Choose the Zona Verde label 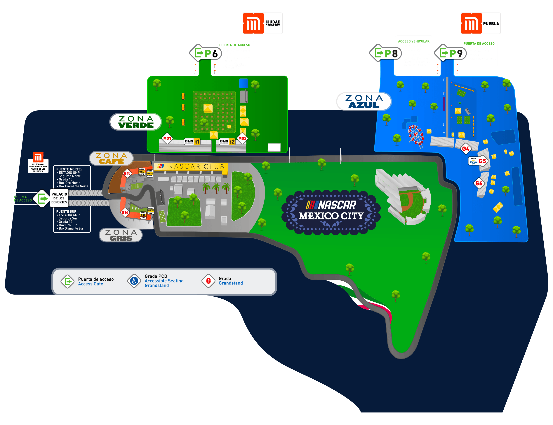pos(135,122)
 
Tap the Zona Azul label pos(364,101)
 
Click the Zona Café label pos(111,158)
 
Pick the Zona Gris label pos(121,235)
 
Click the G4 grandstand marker pos(465,149)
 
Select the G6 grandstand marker pos(479,183)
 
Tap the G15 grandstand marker pos(127,173)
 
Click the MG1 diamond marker pos(167,138)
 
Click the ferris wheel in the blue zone pos(416,135)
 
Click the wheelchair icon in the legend pos(134,281)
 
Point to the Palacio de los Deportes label pos(59,198)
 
